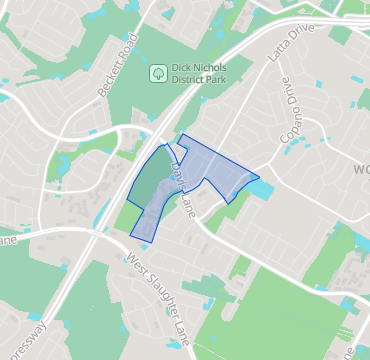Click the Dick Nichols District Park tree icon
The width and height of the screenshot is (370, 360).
click(157, 73)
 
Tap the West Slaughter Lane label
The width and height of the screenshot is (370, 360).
click(160, 300)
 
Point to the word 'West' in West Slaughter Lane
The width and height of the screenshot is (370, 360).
click(135, 268)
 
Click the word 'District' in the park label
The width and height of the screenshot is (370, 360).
click(191, 80)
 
